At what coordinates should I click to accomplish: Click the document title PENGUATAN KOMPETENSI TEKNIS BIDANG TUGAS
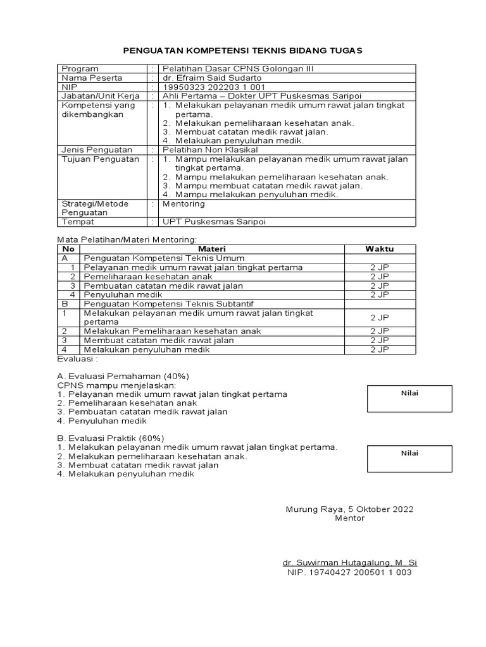coord(242,51)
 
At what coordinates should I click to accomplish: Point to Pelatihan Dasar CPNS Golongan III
coord(238,68)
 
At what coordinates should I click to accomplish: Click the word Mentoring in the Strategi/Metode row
coord(184,204)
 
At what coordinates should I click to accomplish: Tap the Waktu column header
coord(380,249)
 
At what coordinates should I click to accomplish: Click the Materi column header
coord(212,249)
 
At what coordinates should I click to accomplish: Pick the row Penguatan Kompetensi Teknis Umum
coord(164,258)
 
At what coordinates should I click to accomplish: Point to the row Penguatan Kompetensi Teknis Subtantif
coord(168,304)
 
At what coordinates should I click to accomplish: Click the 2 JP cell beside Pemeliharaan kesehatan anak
coord(380,277)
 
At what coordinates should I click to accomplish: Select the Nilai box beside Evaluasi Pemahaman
coord(410,398)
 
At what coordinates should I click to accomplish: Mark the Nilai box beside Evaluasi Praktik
coord(410,457)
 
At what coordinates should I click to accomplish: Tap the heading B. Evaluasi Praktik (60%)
coord(111,438)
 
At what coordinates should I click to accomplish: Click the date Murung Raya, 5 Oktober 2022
coord(350,509)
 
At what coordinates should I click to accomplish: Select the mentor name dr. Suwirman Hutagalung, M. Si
coord(349,562)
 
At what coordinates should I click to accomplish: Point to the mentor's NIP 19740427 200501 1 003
coord(349,572)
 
